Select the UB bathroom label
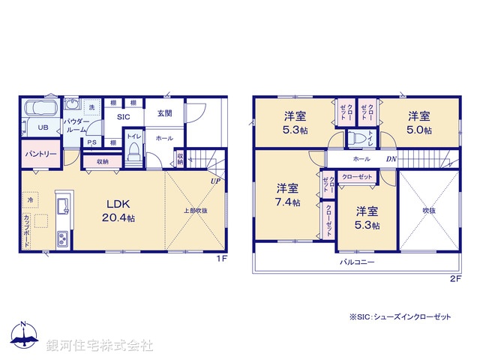coord(43,127)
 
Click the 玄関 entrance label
coord(164,113)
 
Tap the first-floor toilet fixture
coord(133,153)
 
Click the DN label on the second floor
coord(391,160)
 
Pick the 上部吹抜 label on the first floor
coord(195,211)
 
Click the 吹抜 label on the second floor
coord(428,211)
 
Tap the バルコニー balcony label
coord(356,262)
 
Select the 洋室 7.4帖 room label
coord(287,195)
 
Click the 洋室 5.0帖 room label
coord(419,122)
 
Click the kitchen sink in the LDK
coord(61,203)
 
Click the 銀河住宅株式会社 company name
coord(100,346)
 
